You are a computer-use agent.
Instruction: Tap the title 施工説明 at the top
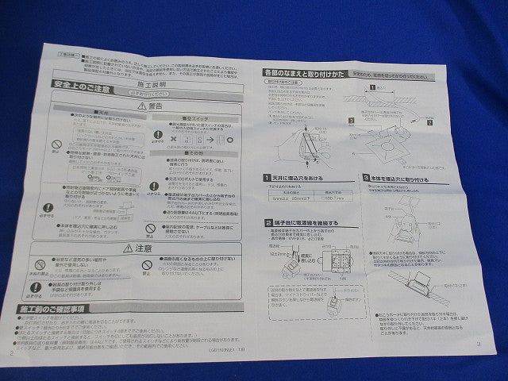[x=153, y=83]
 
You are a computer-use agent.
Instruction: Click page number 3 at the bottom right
[x=478, y=344]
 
